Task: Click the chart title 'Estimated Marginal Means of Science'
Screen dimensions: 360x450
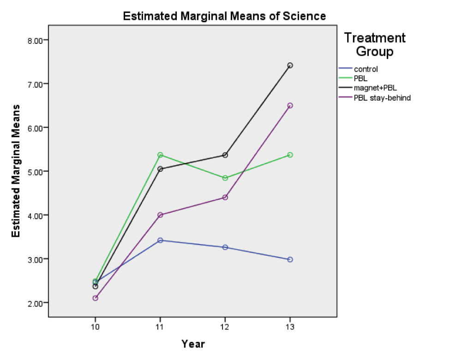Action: (224, 17)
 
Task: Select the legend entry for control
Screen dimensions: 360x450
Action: (366, 69)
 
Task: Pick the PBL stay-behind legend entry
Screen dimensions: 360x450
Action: (381, 97)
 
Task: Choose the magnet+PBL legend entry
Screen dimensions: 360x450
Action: (375, 88)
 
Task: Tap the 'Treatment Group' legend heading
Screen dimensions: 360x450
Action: (375, 44)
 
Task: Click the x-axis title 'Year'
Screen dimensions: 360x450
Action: (193, 344)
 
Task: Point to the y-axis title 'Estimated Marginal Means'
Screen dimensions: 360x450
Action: (16, 171)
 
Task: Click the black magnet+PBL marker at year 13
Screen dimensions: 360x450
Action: (290, 66)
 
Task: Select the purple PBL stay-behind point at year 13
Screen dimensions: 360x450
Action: (290, 106)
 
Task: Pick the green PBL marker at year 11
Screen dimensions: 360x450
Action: (160, 155)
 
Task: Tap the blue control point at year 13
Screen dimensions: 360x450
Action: (290, 259)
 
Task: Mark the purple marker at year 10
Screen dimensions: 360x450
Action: (95, 298)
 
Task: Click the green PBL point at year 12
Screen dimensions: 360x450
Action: (225, 178)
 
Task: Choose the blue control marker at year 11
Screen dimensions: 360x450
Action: (160, 240)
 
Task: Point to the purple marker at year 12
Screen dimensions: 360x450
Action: (225, 198)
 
